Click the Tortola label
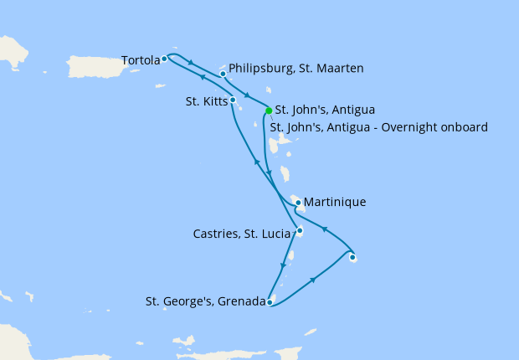[x=141, y=60]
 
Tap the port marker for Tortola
[x=164, y=59]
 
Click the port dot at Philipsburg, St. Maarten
[x=223, y=74]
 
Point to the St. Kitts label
[x=205, y=102]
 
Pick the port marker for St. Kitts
[x=232, y=100]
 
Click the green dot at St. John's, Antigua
[x=268, y=111]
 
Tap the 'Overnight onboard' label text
[x=438, y=127]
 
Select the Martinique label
[x=335, y=202]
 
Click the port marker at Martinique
[x=298, y=202]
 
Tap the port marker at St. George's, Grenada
[x=270, y=302]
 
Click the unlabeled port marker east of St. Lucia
[x=352, y=257]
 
